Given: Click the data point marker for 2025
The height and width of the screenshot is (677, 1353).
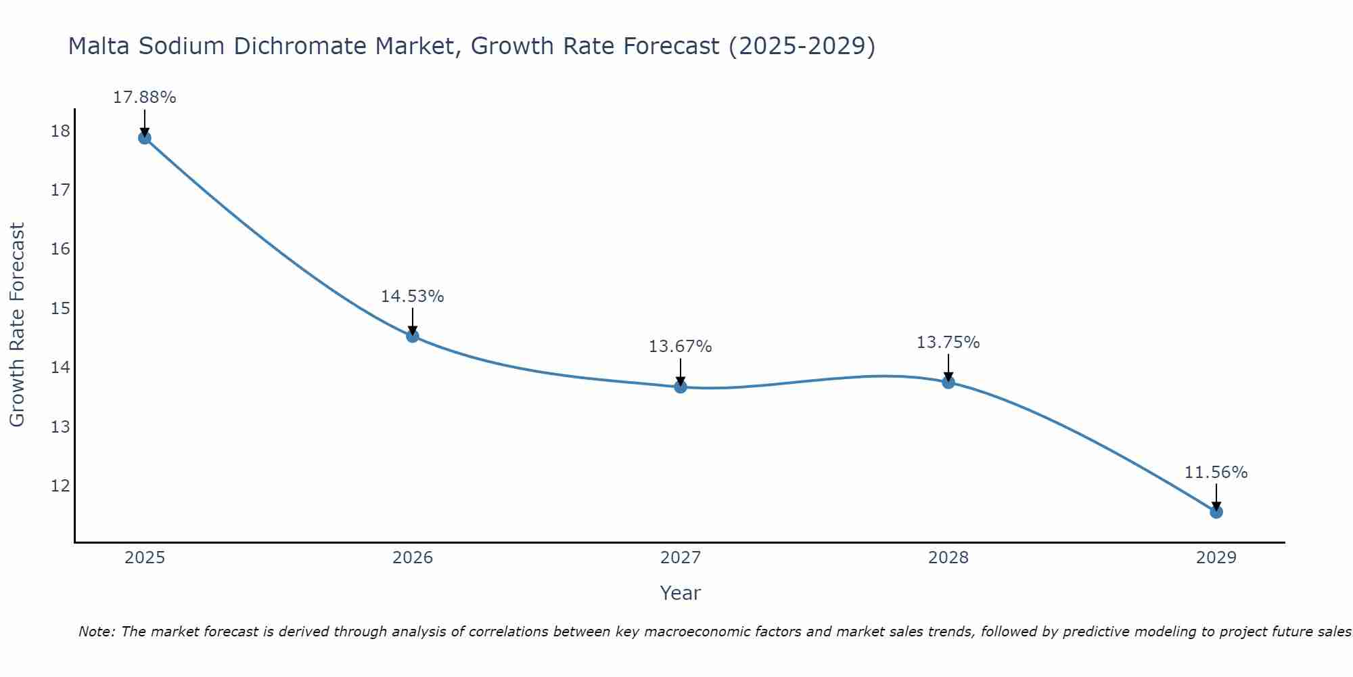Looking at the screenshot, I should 144,138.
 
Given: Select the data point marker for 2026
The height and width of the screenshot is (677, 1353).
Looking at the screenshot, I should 413,336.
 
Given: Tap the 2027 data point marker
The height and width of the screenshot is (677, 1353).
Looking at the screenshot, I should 681,387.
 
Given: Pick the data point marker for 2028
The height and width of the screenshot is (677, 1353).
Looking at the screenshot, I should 948,382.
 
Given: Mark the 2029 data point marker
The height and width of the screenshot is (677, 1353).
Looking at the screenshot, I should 1216,512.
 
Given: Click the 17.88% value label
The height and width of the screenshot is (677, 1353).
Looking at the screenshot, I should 144,97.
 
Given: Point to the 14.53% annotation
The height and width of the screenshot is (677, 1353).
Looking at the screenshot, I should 412,297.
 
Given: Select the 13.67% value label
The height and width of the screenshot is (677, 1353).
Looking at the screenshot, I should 680,347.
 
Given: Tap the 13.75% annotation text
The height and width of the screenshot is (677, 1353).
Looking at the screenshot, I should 948,343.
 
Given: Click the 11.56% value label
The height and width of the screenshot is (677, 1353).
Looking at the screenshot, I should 1216,473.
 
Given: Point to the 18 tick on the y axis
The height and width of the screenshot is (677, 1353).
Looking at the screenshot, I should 60,131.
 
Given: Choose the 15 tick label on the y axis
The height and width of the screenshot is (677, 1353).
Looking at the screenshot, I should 60,309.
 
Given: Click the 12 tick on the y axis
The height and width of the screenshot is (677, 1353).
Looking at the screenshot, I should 60,486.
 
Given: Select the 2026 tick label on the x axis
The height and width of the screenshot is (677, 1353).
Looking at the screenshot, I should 413,558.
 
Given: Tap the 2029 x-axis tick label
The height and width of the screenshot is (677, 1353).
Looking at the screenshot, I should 1216,558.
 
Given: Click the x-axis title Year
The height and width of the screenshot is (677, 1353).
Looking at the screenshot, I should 680,593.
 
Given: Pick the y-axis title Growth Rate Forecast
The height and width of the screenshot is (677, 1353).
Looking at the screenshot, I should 17,324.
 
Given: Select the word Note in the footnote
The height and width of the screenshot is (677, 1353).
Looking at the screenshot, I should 96,632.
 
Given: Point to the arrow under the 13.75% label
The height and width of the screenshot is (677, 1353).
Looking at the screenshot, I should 948,368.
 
